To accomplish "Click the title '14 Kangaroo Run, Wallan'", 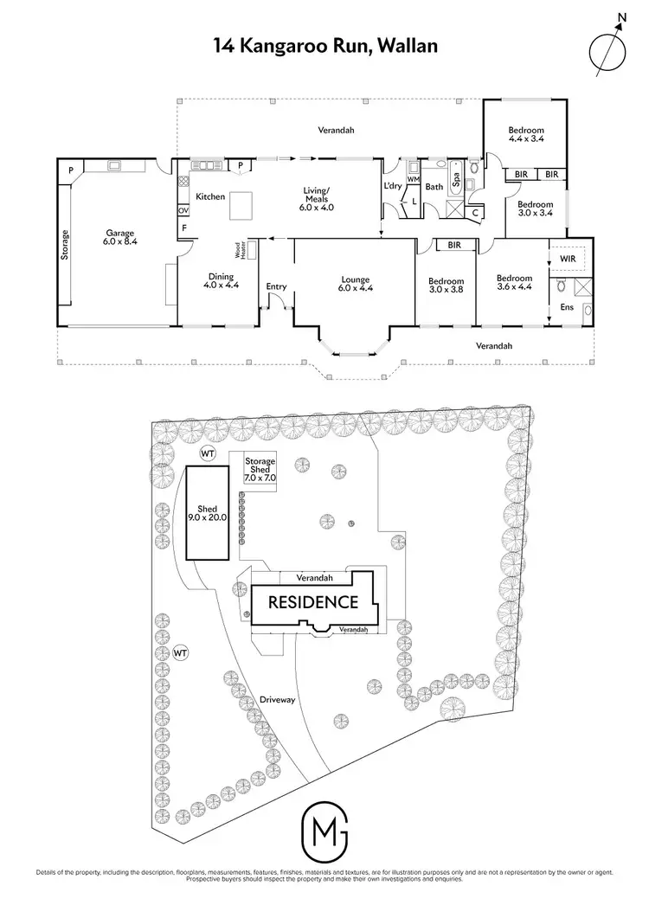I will [324, 46].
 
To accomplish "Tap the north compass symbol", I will [608, 51].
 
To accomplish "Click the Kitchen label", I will [210, 197].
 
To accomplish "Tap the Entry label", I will [276, 287].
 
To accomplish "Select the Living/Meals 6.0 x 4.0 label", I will [316, 202].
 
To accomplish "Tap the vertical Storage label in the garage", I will [65, 245].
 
